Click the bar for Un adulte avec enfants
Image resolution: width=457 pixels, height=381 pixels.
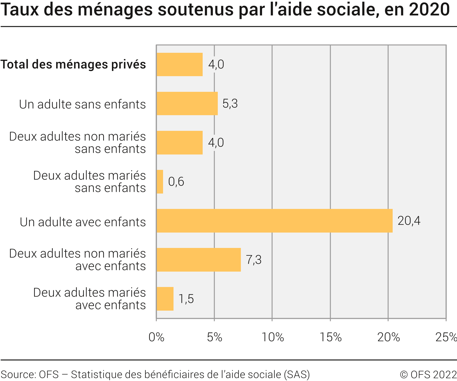(x=274, y=221)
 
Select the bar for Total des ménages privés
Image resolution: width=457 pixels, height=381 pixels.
(x=180, y=64)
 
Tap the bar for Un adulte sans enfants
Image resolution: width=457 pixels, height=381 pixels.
(x=187, y=103)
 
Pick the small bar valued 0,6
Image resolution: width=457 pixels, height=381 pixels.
(x=160, y=182)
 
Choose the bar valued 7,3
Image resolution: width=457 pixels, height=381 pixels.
(x=199, y=260)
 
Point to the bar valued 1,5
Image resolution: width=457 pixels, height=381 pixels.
(x=165, y=299)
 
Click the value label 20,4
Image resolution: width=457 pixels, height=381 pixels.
(x=409, y=221)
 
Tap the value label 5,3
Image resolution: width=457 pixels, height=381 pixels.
(x=230, y=104)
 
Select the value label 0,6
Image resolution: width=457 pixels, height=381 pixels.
(x=176, y=182)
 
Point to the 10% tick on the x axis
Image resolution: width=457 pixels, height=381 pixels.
(x=272, y=337)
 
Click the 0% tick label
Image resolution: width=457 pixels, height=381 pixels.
(x=156, y=337)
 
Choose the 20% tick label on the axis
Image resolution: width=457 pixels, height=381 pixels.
(x=388, y=337)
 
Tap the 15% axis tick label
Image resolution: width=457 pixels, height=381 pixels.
(x=331, y=337)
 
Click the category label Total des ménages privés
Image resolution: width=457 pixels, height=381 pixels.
(x=73, y=64)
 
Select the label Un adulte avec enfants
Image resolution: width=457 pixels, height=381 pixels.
(x=83, y=222)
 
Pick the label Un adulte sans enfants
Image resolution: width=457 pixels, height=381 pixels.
(x=82, y=104)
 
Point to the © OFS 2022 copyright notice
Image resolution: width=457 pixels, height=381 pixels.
(x=428, y=374)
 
